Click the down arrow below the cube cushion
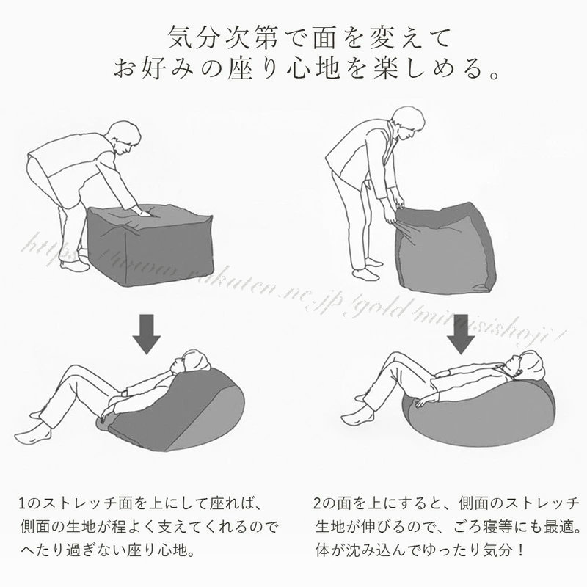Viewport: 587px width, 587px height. (x=146, y=334)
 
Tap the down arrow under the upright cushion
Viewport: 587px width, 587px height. (x=461, y=334)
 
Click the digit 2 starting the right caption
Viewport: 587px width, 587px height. (x=318, y=503)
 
